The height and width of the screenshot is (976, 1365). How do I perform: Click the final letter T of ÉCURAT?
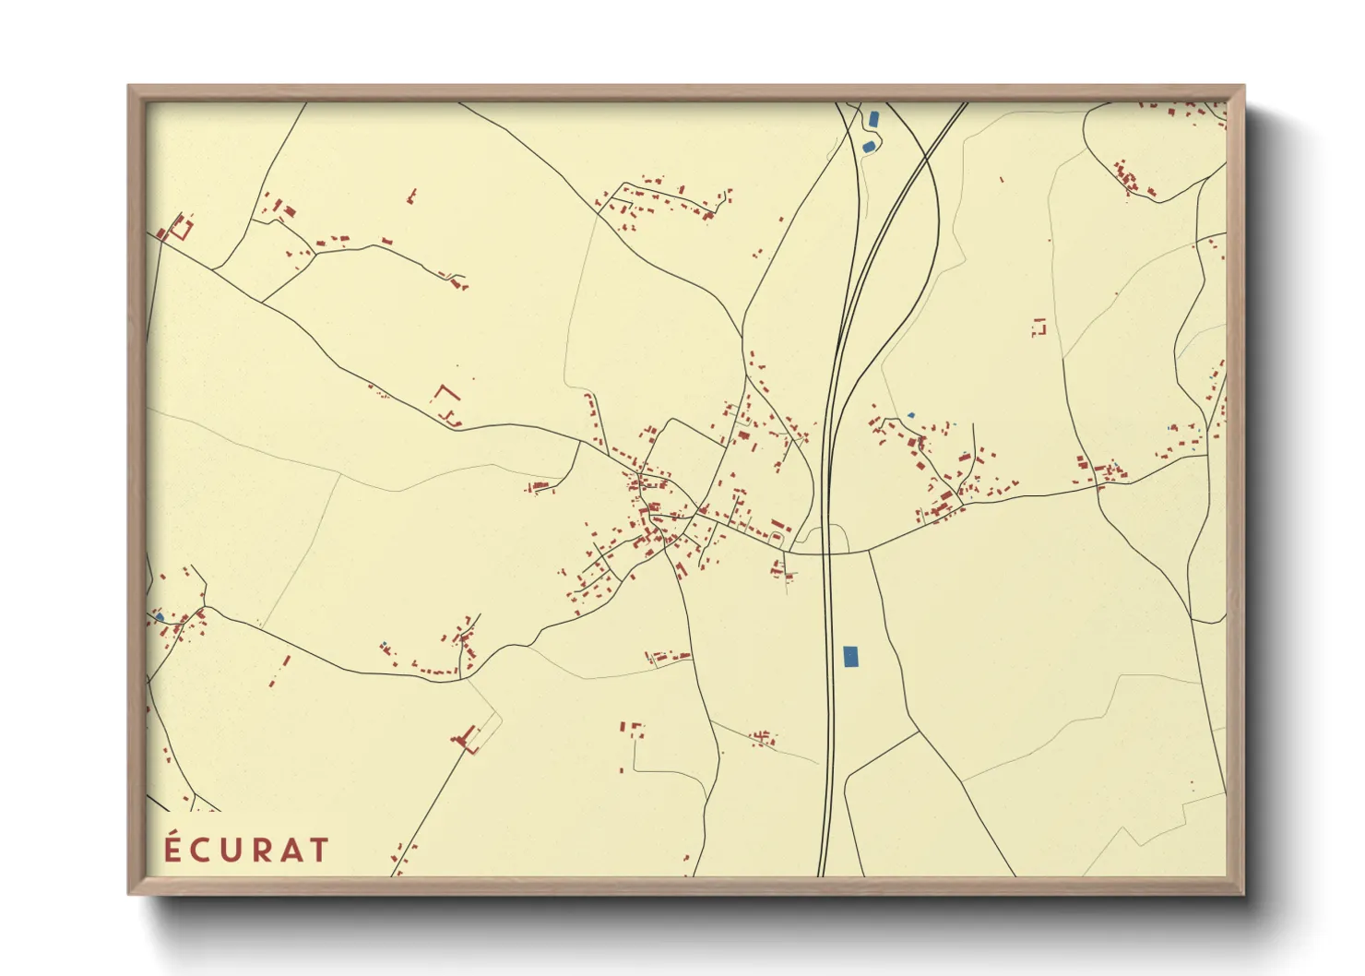coord(318,851)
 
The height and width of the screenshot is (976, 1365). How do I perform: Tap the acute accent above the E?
coord(173,833)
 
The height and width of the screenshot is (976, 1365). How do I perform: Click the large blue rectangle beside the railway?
coord(850,656)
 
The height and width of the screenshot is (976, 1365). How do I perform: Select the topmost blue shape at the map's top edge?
coord(873,119)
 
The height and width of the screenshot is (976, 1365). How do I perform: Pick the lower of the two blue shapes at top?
coord(867,146)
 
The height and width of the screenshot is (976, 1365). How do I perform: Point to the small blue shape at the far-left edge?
coord(159,616)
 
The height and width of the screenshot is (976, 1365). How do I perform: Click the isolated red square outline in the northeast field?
coord(1040,327)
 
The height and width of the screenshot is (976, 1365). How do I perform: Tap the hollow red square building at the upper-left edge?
coord(181,227)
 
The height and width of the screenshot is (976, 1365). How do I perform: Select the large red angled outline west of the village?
coord(446,396)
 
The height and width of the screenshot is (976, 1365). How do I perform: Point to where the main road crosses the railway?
coord(827,553)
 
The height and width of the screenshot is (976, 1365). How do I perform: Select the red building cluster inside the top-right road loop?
coord(1130,179)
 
